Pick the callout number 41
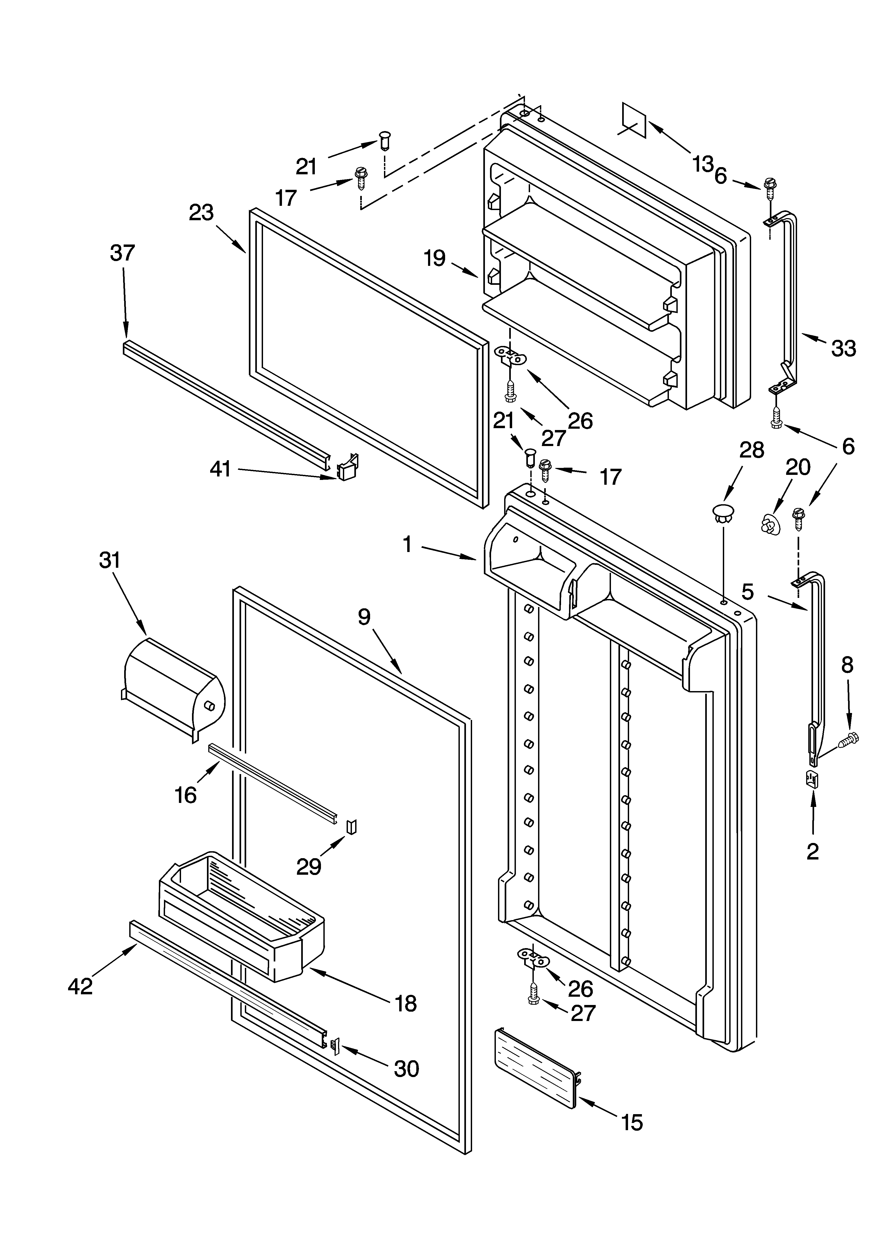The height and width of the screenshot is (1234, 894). coord(221,469)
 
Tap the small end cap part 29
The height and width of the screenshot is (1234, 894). coord(351,826)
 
